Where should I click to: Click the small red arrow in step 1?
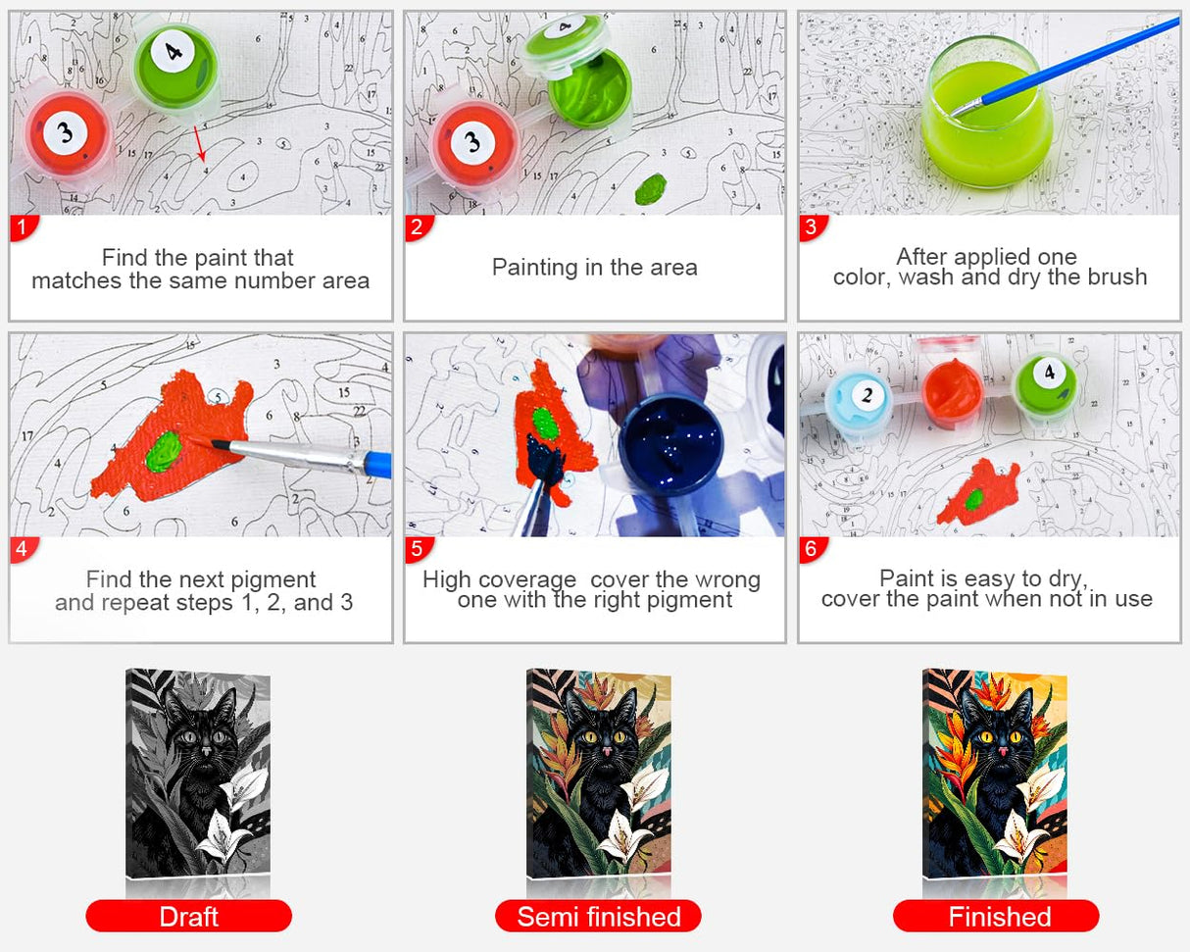pos(199,143)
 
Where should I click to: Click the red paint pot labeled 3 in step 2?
pos(474,143)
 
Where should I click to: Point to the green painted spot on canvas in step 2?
pos(650,187)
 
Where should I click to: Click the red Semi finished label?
pos(598,917)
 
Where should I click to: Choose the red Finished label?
pos(996,917)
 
